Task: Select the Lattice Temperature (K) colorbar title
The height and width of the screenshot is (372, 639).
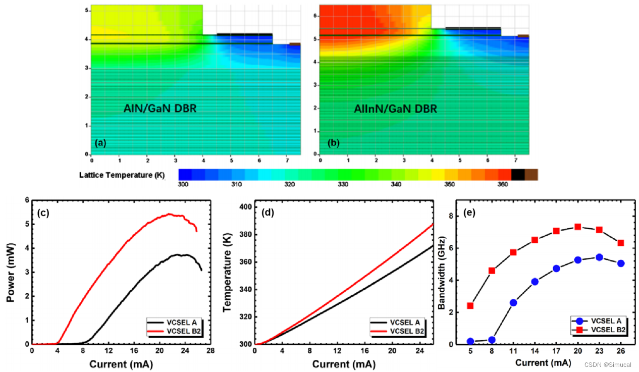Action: tap(122, 175)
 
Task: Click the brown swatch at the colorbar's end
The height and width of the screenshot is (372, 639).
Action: tap(531, 175)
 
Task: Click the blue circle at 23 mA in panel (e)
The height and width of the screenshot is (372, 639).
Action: tap(599, 257)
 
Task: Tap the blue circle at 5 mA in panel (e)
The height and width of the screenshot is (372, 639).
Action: tap(470, 341)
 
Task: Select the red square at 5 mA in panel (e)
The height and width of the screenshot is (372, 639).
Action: tap(470, 305)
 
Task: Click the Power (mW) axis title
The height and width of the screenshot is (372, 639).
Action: tap(11, 273)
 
